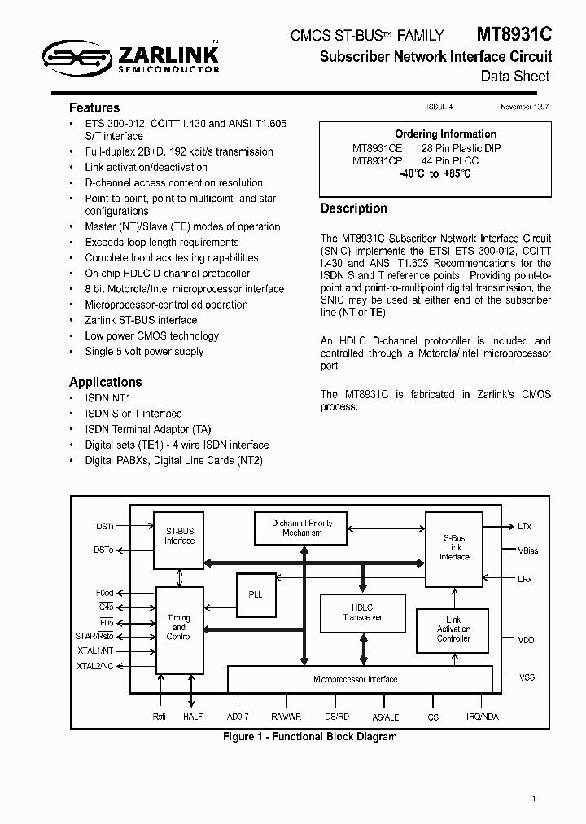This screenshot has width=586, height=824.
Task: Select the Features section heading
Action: (94, 107)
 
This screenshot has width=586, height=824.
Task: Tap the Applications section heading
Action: (105, 382)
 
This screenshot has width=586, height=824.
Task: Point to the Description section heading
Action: (353, 208)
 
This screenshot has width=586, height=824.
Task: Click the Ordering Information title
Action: (445, 134)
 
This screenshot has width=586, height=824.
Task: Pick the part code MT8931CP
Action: (377, 161)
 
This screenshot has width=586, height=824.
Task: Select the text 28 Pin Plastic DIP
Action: (461, 148)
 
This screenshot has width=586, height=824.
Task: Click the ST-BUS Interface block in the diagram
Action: (180, 537)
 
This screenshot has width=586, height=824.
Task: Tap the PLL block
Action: (256, 594)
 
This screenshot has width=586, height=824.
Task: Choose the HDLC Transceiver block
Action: (362, 613)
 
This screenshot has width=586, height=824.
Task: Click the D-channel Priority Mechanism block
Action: (302, 528)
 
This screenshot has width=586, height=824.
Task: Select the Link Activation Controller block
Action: (453, 629)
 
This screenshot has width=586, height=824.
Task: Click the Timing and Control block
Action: (179, 628)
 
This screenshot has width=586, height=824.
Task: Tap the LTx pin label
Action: (525, 527)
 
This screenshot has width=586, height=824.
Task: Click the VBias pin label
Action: (528, 551)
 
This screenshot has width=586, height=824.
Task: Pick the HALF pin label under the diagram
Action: (193, 717)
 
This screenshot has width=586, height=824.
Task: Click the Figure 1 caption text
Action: (310, 737)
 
